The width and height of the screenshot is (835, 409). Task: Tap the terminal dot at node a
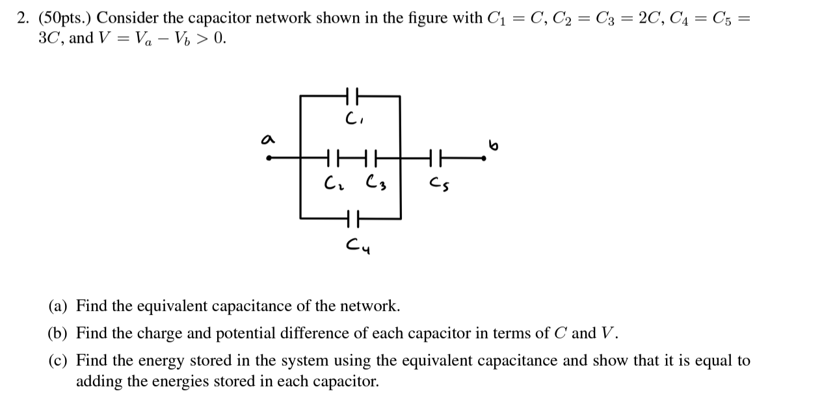tap(269, 157)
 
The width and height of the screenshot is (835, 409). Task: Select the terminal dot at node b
tap(484, 157)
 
